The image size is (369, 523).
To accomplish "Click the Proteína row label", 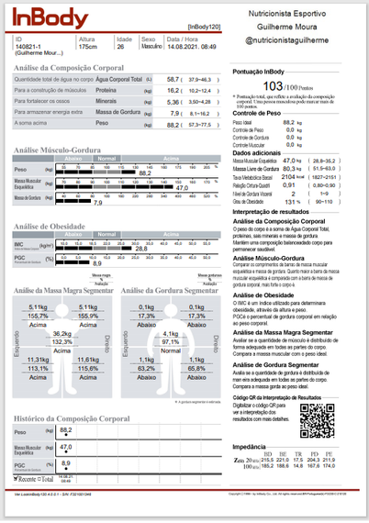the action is coord(106,91).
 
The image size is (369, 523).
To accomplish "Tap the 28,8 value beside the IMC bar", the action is coord(141,249).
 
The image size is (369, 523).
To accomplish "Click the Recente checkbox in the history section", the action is coord(18,479).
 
